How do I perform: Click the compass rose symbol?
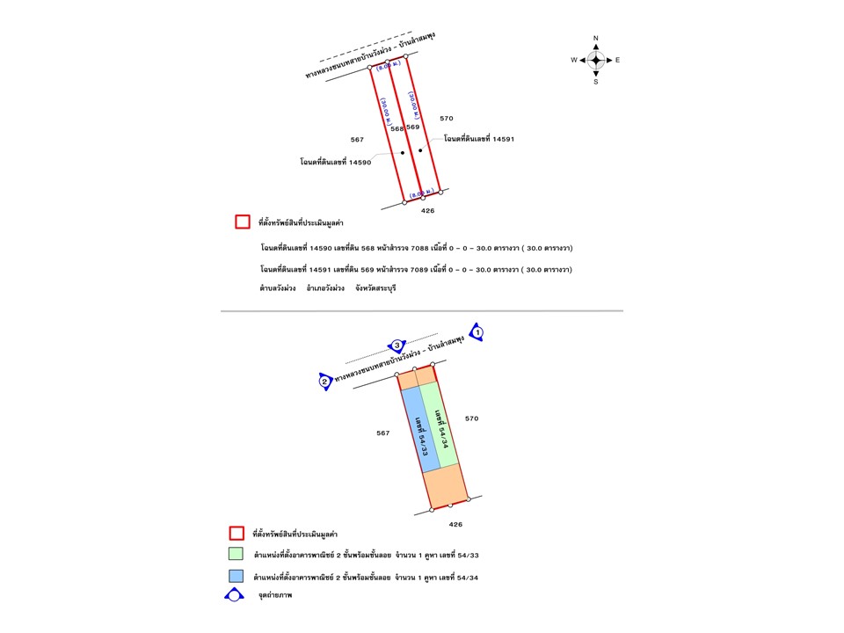coord(595,60)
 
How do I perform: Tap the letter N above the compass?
coord(596,39)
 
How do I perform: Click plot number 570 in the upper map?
coord(447,118)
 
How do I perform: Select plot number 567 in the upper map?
coord(357,139)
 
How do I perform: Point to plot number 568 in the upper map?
coord(397,128)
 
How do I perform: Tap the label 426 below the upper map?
coord(428,211)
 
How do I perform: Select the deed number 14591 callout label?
coord(479,139)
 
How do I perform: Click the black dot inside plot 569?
coord(420,150)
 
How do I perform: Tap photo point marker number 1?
coord(477,332)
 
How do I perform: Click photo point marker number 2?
coord(324,381)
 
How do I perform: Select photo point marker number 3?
coord(397,345)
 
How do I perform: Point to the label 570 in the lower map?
coord(471,418)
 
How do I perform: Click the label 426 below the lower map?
coord(455,524)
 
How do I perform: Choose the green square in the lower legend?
coord(236,555)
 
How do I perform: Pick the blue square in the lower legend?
coord(236,577)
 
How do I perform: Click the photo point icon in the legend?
coord(235,595)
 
